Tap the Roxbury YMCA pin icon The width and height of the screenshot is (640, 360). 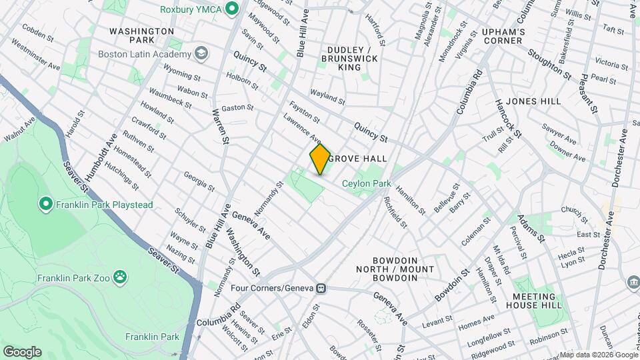[232, 9]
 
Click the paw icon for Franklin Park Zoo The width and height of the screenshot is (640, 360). [120, 276]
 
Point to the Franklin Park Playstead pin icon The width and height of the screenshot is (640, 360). [46, 203]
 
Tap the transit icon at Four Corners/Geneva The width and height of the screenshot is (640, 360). [321, 289]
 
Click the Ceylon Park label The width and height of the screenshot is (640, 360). [366, 183]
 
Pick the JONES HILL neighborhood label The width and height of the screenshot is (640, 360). [534, 101]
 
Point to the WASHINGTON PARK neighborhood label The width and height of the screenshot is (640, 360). [141, 36]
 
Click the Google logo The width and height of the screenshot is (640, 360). [22, 351]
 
